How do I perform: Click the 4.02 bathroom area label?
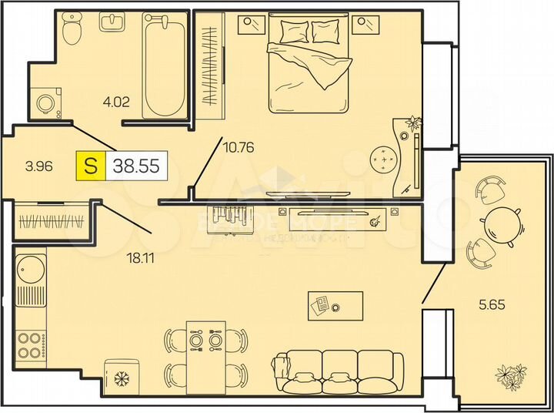116,99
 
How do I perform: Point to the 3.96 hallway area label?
39,165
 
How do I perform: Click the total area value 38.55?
138,164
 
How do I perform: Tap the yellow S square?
91,165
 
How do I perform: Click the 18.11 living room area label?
141,257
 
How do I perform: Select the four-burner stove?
29,344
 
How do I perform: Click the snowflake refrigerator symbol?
120,378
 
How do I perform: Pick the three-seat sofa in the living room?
338,373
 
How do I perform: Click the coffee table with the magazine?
335,305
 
